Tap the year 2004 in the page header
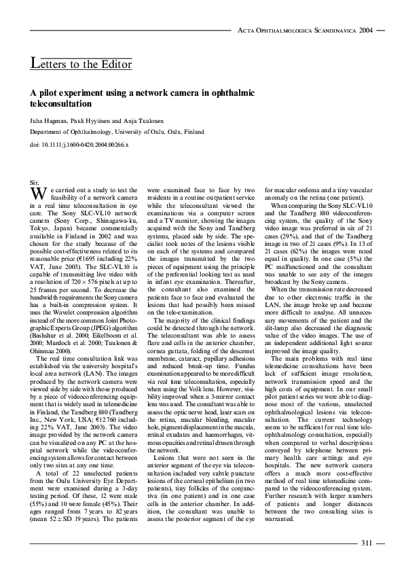point(366,31)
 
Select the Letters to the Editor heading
point(81,65)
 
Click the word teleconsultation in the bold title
point(61,105)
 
